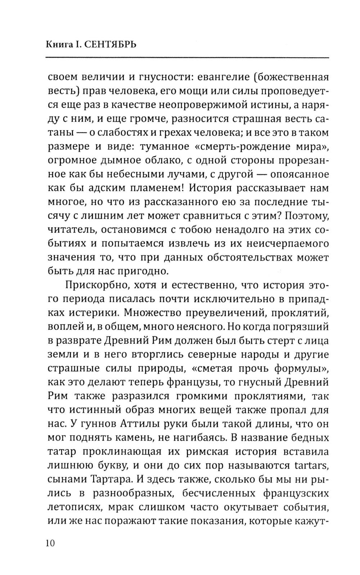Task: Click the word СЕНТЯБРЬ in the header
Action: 112,45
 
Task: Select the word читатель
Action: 70,230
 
